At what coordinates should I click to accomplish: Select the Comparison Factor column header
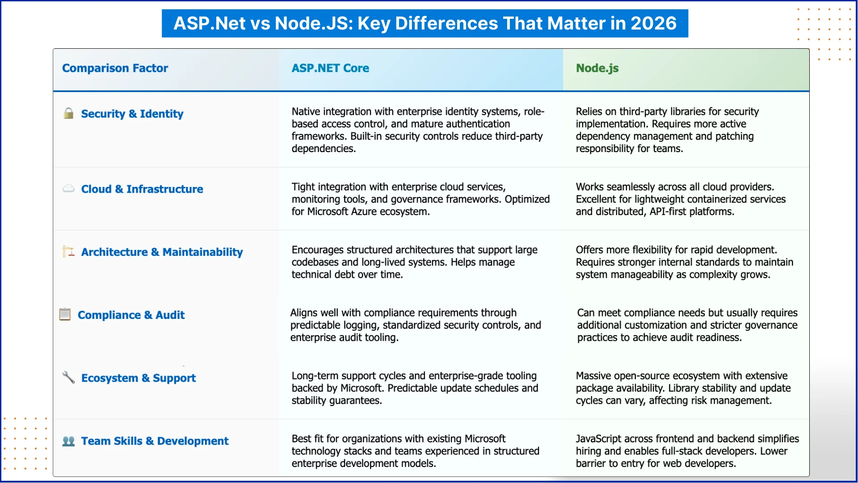click(x=115, y=68)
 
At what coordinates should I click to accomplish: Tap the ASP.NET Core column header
click(x=330, y=68)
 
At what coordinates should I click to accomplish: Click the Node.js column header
click(x=597, y=68)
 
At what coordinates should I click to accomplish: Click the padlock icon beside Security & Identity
click(x=68, y=113)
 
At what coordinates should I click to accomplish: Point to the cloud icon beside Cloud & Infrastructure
click(x=68, y=188)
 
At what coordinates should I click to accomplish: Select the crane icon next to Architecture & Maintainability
click(x=68, y=251)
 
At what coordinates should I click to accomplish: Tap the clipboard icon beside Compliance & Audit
click(x=65, y=314)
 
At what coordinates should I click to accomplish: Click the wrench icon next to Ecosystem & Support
click(x=68, y=377)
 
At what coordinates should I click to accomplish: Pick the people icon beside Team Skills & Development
click(x=68, y=441)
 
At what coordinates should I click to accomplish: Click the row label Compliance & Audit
click(x=131, y=315)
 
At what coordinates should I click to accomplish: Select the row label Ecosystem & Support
click(x=139, y=378)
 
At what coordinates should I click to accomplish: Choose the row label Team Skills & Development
click(x=155, y=441)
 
